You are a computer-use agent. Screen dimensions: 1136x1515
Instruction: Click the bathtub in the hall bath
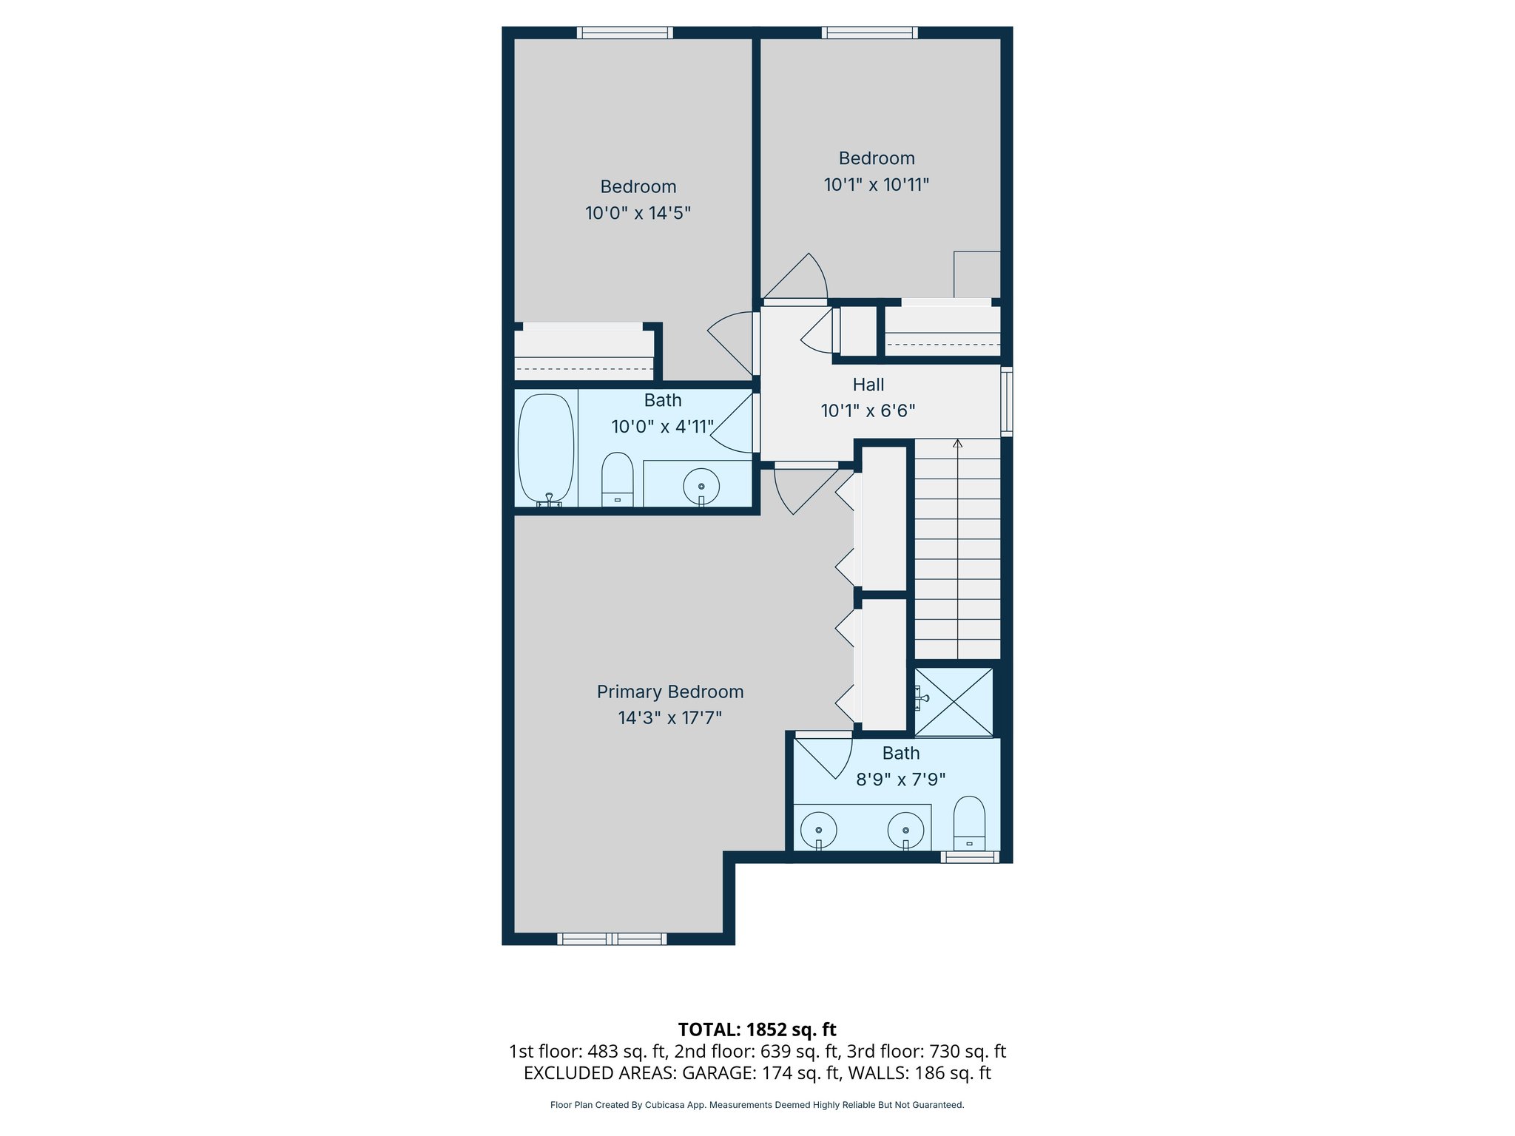click(546, 448)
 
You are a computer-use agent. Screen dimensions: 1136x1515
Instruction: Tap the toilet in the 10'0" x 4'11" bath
click(617, 479)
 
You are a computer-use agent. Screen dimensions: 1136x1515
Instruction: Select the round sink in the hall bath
click(701, 487)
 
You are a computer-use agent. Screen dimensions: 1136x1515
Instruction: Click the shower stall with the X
click(954, 702)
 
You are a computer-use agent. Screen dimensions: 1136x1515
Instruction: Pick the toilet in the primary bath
click(969, 824)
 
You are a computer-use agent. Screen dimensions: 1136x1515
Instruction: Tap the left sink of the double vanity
click(819, 830)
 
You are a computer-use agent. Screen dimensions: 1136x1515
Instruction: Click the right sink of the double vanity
click(905, 830)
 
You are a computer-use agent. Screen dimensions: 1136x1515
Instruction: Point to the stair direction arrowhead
click(958, 444)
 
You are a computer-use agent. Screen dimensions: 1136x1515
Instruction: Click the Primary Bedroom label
click(670, 692)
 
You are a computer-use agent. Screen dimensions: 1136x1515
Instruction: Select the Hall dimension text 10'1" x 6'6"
click(868, 410)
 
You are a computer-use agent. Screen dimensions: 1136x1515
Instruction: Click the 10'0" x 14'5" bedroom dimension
click(638, 213)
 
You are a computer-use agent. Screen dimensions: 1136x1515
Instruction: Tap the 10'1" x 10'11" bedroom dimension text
click(877, 185)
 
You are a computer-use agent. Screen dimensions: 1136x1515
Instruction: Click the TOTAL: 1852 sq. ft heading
click(757, 1029)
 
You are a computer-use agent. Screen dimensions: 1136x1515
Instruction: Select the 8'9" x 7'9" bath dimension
click(900, 780)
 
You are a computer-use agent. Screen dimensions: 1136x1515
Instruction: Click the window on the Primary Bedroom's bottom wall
click(612, 939)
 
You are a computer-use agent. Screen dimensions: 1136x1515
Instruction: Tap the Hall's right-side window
click(1007, 400)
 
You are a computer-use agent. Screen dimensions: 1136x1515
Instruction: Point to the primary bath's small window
click(970, 857)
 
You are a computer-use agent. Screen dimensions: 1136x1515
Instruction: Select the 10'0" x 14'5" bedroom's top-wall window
click(625, 33)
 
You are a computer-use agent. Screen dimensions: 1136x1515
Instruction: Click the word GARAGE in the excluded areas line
click(715, 1073)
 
